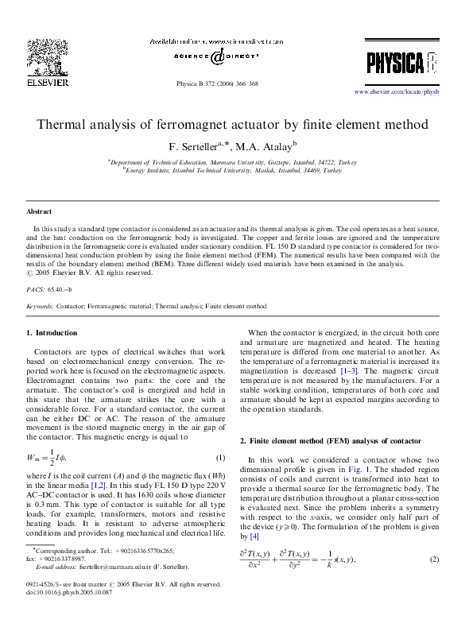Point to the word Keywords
(x=40, y=305)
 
